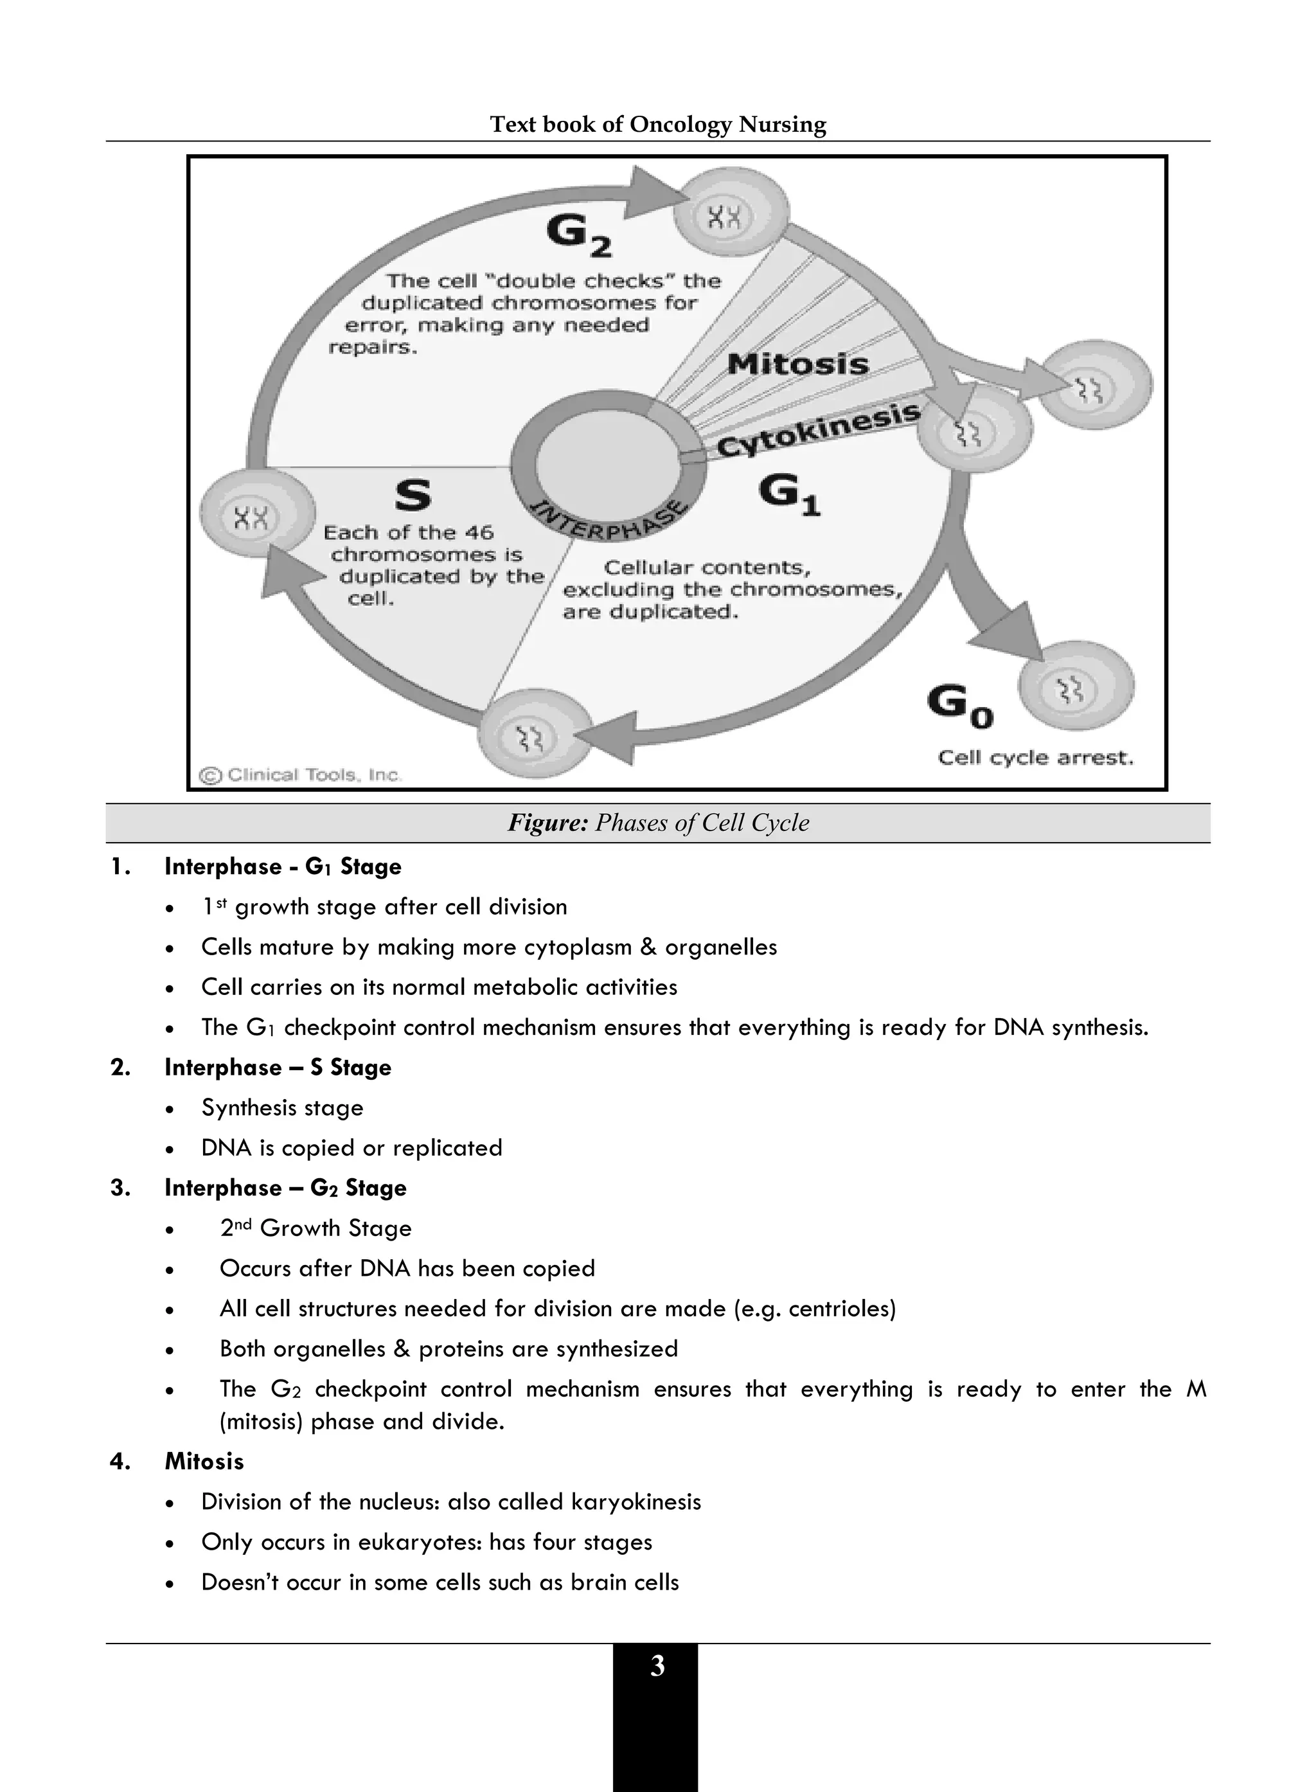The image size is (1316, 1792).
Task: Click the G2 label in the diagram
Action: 578,236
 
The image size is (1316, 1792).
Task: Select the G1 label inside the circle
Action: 788,495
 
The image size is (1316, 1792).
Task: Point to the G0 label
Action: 960,706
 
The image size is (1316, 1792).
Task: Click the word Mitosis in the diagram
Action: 797,364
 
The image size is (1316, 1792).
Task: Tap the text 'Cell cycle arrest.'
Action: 1035,757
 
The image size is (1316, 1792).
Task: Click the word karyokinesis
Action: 637,1502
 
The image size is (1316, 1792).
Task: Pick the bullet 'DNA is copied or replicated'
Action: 351,1148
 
